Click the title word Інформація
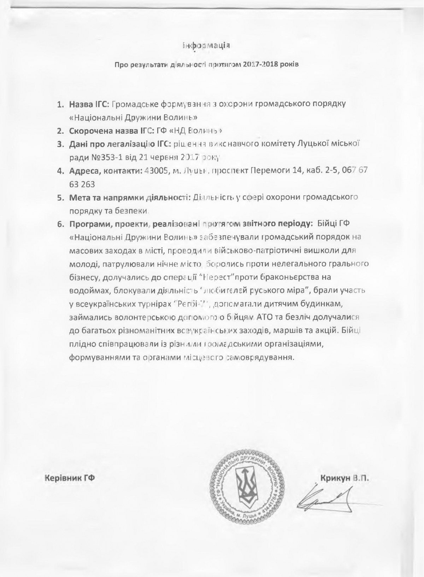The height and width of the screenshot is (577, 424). click(x=207, y=46)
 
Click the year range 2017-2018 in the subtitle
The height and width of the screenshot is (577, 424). click(x=263, y=65)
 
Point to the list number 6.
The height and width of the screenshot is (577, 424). click(x=60, y=224)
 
